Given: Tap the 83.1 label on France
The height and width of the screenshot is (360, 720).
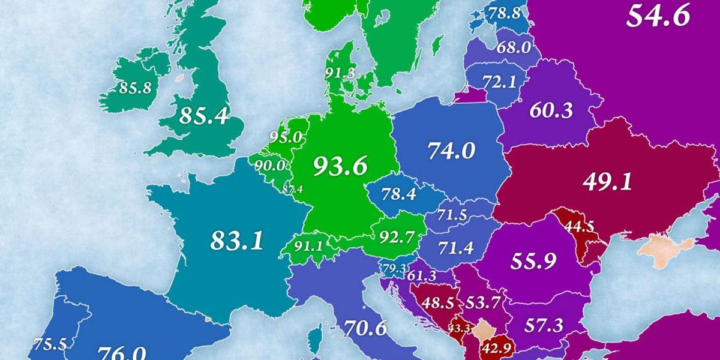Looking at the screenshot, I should [x=237, y=241].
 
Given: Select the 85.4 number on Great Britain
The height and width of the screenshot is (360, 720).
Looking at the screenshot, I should [x=204, y=116].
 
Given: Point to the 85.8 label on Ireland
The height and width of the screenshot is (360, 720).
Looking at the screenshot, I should [x=136, y=88].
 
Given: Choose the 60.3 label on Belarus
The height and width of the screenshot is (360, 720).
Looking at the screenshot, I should [x=551, y=110].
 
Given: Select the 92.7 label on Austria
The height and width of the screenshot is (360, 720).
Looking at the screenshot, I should [x=397, y=237].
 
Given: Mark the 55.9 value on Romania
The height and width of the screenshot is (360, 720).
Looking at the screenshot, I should [x=534, y=261].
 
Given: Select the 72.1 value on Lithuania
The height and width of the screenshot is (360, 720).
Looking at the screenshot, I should [x=500, y=82].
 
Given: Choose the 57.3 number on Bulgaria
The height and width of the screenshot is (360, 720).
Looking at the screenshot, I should [x=544, y=326].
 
